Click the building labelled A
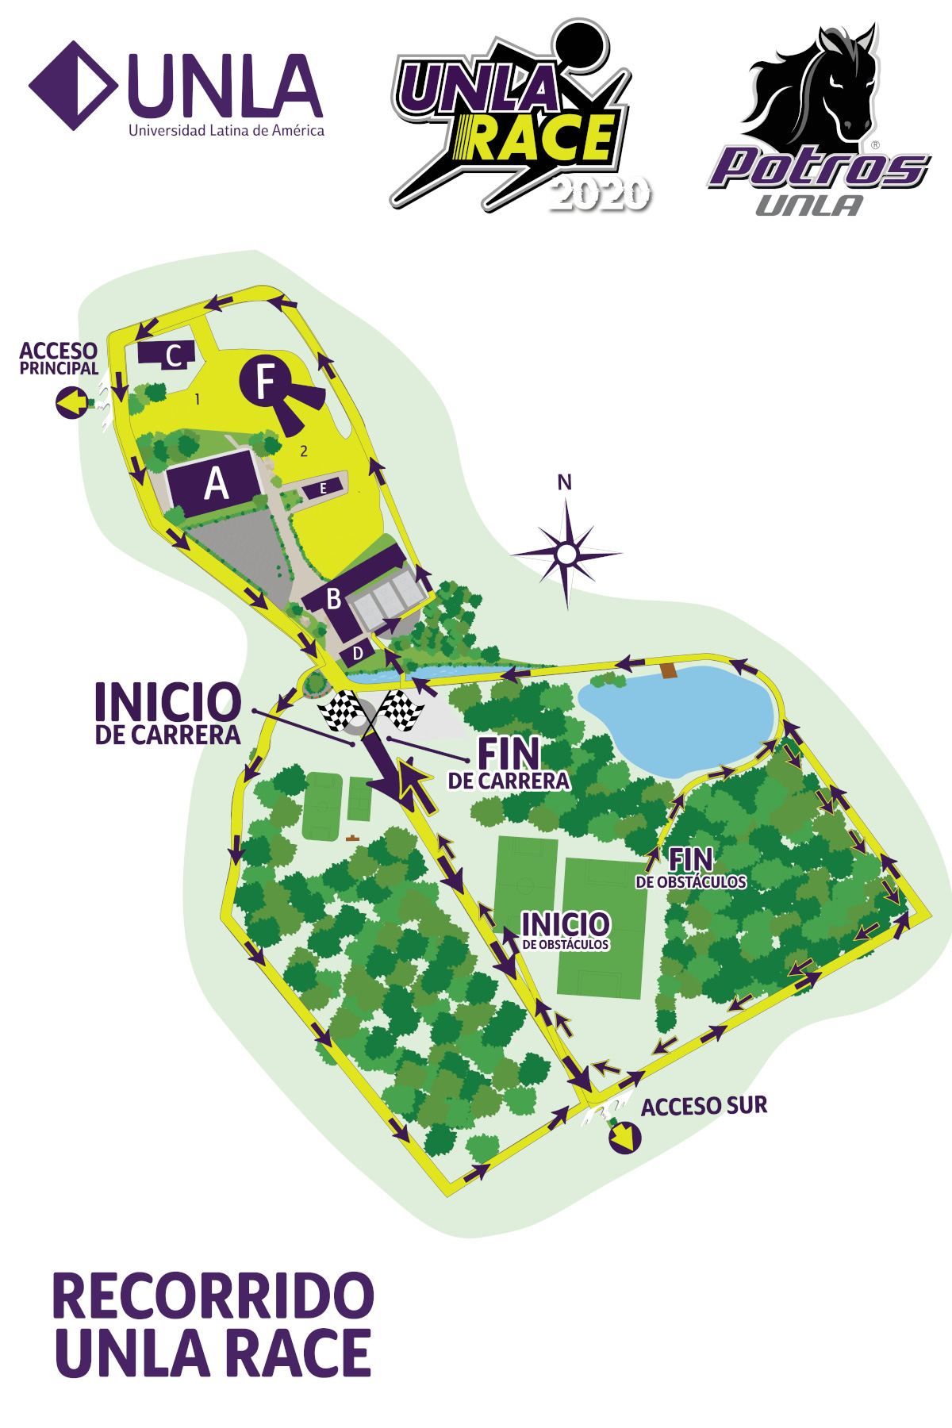[x=214, y=483]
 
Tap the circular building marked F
[x=268, y=381]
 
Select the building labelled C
[x=167, y=354]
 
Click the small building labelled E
[x=323, y=488]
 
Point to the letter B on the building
[x=334, y=599]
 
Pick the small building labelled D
[x=358, y=653]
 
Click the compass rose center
[x=566, y=554]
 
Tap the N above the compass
[x=564, y=482]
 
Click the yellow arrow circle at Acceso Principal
[x=71, y=403]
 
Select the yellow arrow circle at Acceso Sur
[x=624, y=1138]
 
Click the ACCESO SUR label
[x=704, y=1106]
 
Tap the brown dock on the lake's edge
[x=669, y=670]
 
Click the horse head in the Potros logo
[x=825, y=87]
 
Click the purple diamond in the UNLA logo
[x=73, y=86]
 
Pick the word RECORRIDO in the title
[x=213, y=1296]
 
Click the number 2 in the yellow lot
[x=304, y=451]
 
